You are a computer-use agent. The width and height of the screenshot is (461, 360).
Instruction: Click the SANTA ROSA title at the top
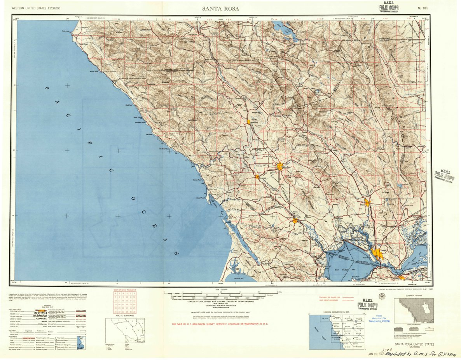pos(220,9)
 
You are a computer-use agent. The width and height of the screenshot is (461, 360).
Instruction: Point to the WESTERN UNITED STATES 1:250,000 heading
pos(36,8)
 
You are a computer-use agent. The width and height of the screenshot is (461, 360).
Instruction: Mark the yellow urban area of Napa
pos(367,202)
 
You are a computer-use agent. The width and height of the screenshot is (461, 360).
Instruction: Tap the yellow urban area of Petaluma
pos(295,221)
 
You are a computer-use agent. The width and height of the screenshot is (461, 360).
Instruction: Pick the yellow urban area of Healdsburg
pos(248,122)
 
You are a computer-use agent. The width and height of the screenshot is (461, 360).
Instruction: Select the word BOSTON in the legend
pos(40,313)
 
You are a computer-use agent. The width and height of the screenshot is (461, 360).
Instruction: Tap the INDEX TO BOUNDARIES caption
pos(125,315)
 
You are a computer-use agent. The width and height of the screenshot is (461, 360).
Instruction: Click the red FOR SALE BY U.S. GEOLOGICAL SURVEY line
pos(220,323)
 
